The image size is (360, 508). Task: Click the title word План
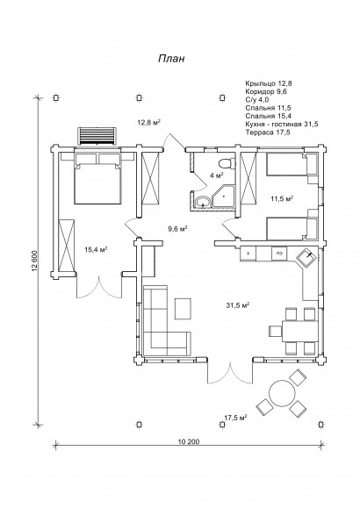(x=171, y=59)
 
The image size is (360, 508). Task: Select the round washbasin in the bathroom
(x=204, y=203)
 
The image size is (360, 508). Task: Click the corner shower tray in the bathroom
(x=223, y=197)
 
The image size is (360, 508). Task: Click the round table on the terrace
(x=282, y=393)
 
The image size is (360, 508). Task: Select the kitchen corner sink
(x=306, y=258)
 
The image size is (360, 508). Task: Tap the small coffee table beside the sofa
(x=183, y=309)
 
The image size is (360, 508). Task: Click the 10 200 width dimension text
(x=189, y=441)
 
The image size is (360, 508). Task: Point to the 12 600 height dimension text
(x=35, y=261)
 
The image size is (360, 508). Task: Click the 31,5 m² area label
(x=238, y=304)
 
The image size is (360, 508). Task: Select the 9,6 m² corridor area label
(x=177, y=229)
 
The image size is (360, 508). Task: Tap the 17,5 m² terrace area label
(x=236, y=418)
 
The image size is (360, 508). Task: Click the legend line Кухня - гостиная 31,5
(x=282, y=124)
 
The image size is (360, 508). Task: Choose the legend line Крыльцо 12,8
(x=269, y=83)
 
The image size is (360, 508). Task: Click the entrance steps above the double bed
(x=97, y=136)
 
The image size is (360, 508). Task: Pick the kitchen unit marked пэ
(x=279, y=254)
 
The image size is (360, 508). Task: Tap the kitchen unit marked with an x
(x=248, y=254)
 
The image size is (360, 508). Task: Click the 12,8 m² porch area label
(x=149, y=123)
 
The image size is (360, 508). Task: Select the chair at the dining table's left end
(x=275, y=331)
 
